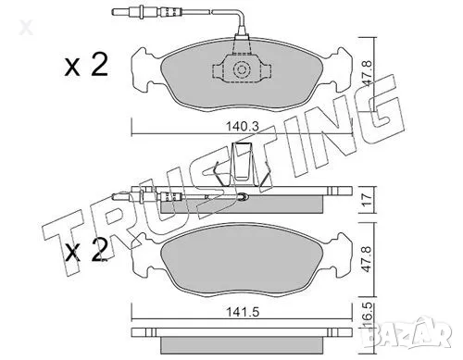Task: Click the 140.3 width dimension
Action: (x=242, y=126)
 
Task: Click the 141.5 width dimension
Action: (x=243, y=312)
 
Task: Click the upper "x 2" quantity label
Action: (x=86, y=65)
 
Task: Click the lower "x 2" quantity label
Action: (x=86, y=250)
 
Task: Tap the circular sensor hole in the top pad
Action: (x=241, y=69)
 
